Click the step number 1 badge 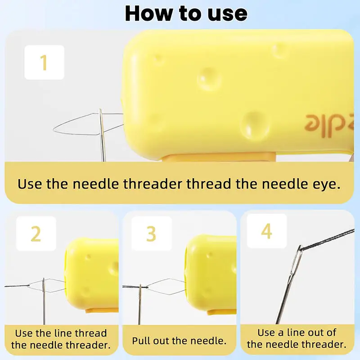click(x=44, y=63)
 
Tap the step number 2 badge click(x=36, y=234)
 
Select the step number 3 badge click(x=152, y=234)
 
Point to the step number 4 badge click(x=267, y=231)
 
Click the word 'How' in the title click(x=148, y=13)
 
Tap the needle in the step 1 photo click(x=102, y=135)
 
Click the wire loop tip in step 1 click(x=54, y=130)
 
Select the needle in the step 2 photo click(x=44, y=301)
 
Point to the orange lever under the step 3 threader click(x=222, y=312)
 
